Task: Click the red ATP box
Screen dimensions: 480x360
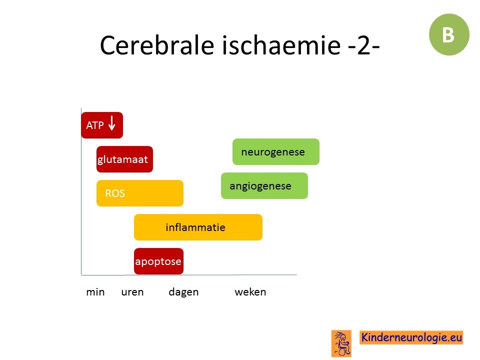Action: (x=102, y=125)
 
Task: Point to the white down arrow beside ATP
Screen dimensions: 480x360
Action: (x=112, y=123)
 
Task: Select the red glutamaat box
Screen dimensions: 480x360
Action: (x=124, y=159)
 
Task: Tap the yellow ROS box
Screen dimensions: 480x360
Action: (x=140, y=193)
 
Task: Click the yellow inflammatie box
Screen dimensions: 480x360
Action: (x=198, y=227)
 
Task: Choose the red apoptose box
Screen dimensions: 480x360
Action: (x=158, y=261)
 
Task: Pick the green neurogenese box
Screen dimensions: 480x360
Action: (x=276, y=152)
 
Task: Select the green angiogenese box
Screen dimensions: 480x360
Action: (x=264, y=186)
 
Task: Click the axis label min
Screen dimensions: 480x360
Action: (x=95, y=292)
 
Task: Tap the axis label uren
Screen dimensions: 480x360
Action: (x=132, y=292)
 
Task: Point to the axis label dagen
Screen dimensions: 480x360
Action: (x=183, y=292)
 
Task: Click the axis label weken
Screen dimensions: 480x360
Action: (x=250, y=292)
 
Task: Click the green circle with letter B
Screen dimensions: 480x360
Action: (x=449, y=34)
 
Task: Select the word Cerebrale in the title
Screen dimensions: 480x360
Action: (x=157, y=45)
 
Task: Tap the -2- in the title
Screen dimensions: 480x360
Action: (x=364, y=46)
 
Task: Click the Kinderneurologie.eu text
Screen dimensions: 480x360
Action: (x=411, y=337)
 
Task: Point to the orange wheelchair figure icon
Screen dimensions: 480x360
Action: (x=341, y=343)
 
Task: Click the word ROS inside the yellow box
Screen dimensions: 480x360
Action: (x=115, y=193)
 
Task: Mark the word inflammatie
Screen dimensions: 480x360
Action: (x=195, y=227)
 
